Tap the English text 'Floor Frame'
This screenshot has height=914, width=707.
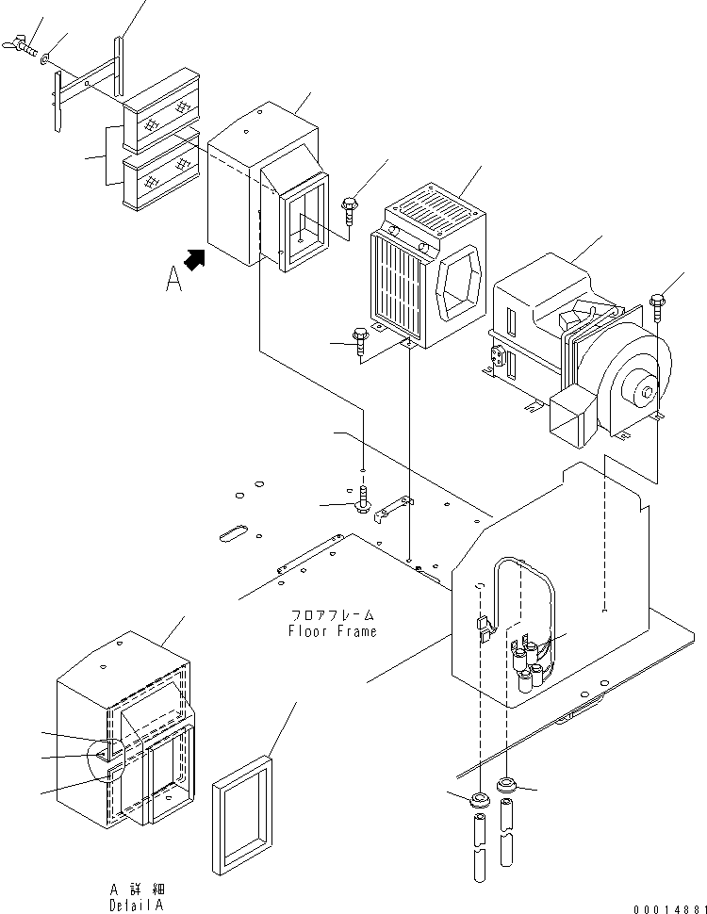332,631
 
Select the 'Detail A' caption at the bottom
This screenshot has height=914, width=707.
134,903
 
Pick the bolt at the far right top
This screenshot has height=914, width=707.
657,303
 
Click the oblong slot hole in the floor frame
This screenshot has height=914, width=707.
232,534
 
